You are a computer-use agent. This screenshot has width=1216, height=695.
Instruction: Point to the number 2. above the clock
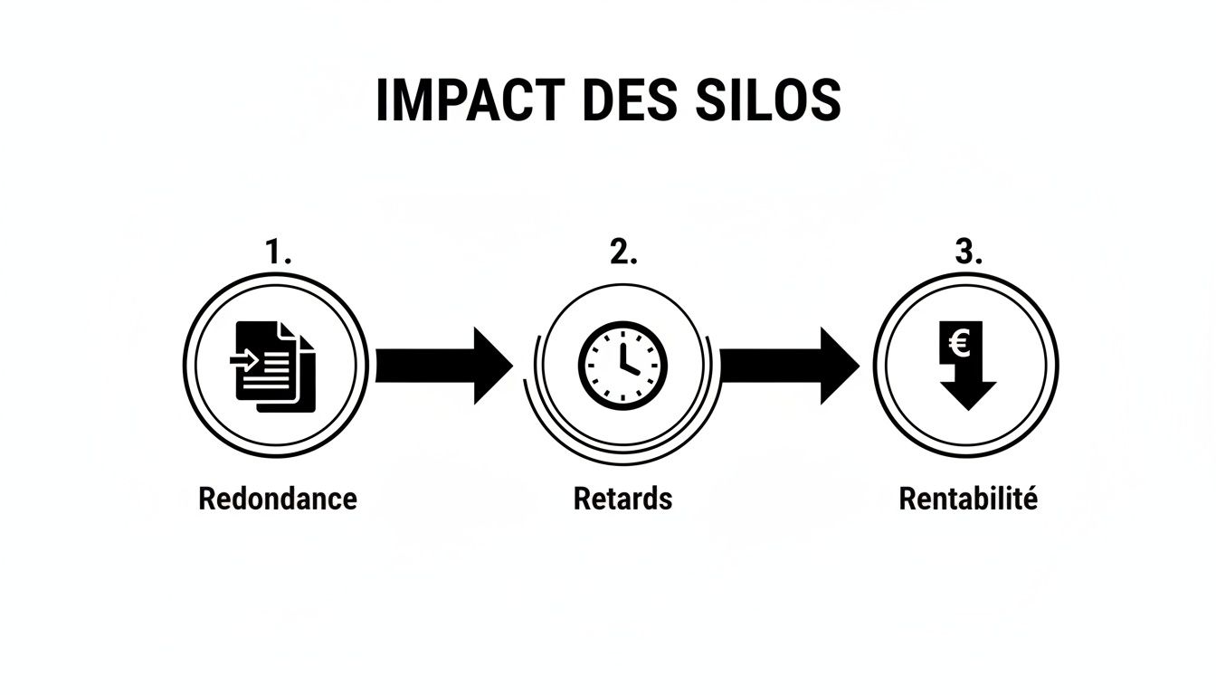tap(622, 253)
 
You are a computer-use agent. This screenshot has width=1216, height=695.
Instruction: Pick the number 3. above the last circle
tap(967, 253)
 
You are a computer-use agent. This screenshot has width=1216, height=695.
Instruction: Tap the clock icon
tap(622, 365)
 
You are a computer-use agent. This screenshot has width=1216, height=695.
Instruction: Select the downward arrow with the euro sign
tap(967, 367)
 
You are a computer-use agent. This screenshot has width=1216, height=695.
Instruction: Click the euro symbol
tap(960, 343)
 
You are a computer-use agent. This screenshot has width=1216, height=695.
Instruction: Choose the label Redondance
tap(278, 499)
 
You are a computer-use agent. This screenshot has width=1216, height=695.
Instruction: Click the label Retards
tap(622, 499)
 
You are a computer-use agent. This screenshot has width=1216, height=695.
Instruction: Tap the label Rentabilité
tap(967, 499)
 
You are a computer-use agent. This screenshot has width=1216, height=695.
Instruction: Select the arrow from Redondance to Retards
tap(443, 366)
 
